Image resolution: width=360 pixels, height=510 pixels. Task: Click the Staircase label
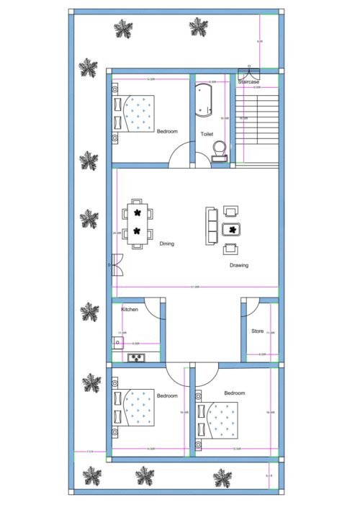pos(248,82)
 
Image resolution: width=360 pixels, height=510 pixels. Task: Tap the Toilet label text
pos(207,134)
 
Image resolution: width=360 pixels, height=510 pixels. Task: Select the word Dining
pos(166,243)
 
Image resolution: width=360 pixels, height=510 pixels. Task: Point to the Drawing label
pos(239,265)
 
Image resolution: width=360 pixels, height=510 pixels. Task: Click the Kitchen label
pos(130,309)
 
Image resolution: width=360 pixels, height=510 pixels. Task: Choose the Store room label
pos(257,331)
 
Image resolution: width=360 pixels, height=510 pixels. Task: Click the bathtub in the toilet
pos(202,102)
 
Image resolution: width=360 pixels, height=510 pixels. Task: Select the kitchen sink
pos(135,357)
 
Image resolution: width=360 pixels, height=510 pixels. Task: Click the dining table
pos(136,223)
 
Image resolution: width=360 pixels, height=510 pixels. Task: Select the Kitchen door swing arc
pos(152,308)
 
